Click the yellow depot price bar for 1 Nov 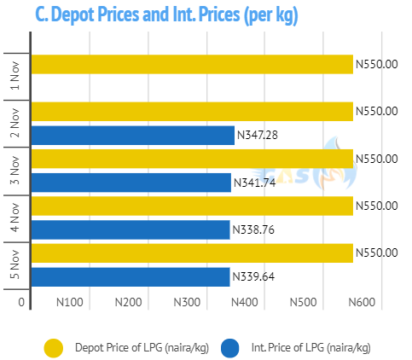(192, 64)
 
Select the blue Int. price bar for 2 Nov (133, 136)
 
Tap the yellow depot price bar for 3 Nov (192, 159)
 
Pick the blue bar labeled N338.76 (131, 229)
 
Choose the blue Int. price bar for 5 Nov (131, 277)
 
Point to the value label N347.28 (258, 135)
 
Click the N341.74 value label (255, 183)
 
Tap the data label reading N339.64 (253, 276)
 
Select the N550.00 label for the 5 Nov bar (377, 253)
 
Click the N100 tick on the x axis (70, 302)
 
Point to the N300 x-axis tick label (187, 302)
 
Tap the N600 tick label (362, 302)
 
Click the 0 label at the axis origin (21, 302)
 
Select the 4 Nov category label (15, 218)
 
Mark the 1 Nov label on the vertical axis (15, 76)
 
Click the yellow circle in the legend (54, 348)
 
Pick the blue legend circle (229, 348)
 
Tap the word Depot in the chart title (73, 15)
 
